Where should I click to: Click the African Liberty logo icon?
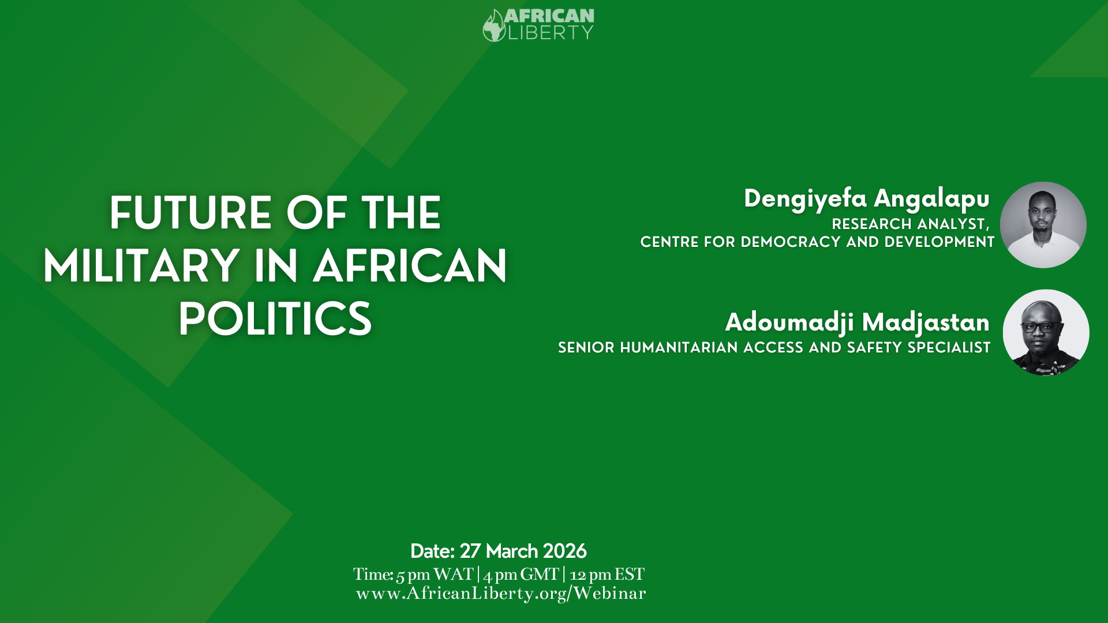(494, 26)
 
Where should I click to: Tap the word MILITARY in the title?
(141, 266)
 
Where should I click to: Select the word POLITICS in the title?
(275, 319)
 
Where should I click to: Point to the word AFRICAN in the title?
(410, 266)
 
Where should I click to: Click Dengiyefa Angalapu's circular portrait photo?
(1043, 225)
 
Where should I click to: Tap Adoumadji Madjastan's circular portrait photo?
(1046, 333)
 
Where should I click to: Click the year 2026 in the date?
(564, 551)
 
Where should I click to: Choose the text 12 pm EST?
(607, 575)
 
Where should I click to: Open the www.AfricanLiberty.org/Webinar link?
(501, 594)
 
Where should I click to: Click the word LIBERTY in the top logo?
(550, 33)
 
